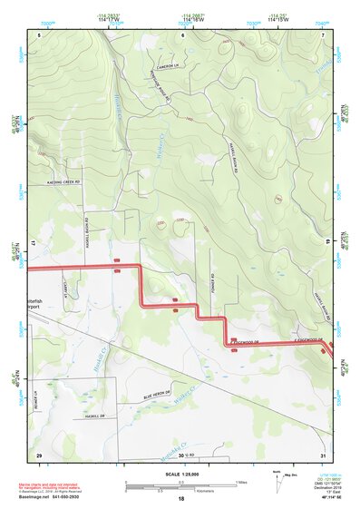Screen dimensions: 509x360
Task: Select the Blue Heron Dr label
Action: pyautogui.click(x=158, y=395)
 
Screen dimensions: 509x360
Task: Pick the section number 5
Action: pyautogui.click(x=39, y=34)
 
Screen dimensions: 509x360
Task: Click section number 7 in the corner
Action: pyautogui.click(x=322, y=34)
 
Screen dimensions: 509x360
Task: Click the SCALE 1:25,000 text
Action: pyautogui.click(x=180, y=475)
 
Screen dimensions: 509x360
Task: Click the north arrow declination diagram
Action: pyautogui.click(x=280, y=481)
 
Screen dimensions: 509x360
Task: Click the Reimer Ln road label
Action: pyautogui.click(x=37, y=398)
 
